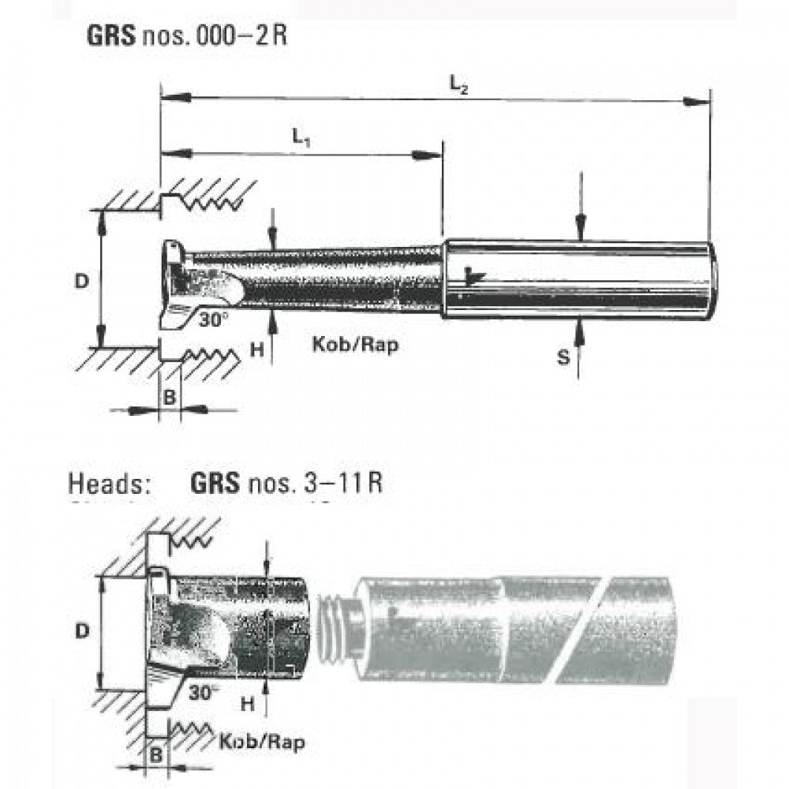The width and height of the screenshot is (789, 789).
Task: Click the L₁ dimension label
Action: [301, 137]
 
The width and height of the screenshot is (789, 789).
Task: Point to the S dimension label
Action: [563, 357]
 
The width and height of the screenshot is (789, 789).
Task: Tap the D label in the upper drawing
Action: [81, 281]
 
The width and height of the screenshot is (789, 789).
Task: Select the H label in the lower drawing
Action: [248, 701]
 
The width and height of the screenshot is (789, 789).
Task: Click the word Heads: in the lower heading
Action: [110, 482]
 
